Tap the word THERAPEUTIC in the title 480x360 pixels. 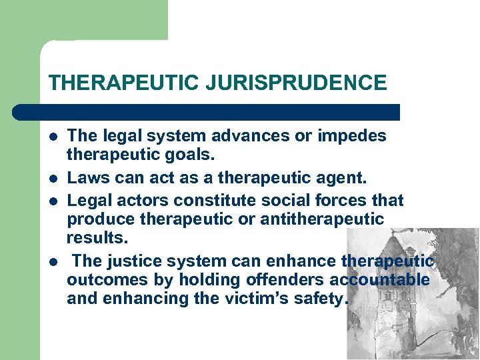[x=123, y=83]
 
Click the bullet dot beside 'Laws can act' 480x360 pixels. [x=53, y=179]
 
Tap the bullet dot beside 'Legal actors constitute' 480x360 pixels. [x=53, y=201]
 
